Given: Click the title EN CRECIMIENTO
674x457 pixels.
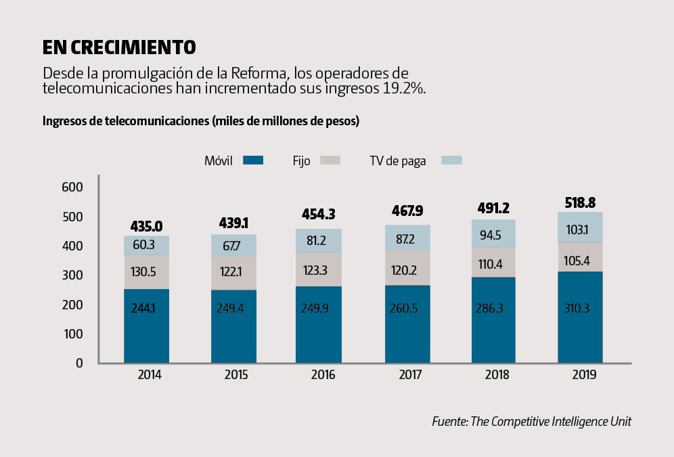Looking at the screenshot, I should click(x=119, y=47).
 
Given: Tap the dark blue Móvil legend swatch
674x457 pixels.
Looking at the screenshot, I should click(x=253, y=160).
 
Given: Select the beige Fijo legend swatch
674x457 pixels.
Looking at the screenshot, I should click(x=330, y=160).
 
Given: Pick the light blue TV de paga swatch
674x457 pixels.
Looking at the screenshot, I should click(x=451, y=160).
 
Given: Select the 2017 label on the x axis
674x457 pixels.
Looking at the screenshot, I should click(x=407, y=374).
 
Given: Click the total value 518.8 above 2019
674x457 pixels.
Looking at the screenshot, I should click(x=580, y=202).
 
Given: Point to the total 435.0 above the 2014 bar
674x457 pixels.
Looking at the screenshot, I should click(x=146, y=226).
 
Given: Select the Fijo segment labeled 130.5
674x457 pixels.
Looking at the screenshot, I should click(x=146, y=272).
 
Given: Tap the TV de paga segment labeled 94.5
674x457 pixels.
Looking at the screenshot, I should click(x=493, y=234).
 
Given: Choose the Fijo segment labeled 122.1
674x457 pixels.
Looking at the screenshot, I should click(x=233, y=273).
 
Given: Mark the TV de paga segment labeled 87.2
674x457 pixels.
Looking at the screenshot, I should click(x=407, y=238).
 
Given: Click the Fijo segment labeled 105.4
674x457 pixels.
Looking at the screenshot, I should click(x=580, y=257).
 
